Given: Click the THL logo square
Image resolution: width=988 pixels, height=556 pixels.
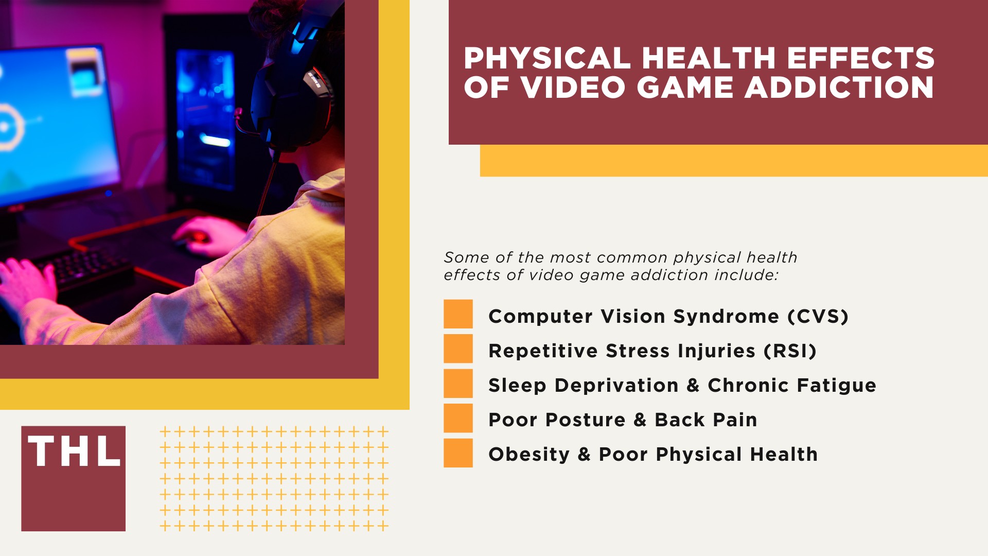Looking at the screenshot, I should coord(73,478).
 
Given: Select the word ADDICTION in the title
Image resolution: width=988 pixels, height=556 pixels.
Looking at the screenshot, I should coord(839,87).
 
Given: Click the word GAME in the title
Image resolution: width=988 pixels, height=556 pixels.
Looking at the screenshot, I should coord(684,87).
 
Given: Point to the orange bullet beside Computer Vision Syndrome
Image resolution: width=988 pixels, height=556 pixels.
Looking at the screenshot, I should coord(458,314).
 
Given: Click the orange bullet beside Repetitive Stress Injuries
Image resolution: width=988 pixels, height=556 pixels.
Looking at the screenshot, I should coord(458,349).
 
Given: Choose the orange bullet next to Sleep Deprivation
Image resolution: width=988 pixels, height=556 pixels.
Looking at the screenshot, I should coord(458,384).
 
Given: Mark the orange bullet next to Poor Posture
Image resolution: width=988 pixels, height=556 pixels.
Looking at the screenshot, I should coord(458,418).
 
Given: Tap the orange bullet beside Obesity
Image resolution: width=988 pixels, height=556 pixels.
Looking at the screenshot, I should coord(458,453).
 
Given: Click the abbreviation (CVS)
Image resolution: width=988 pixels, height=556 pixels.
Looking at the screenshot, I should coord(818,316).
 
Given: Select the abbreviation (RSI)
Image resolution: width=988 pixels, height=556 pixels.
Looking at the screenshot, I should coord(790,351).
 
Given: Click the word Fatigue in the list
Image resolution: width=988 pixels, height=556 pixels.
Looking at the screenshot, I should coord(843,386).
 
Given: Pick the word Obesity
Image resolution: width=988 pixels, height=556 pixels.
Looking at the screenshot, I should coord(529,455).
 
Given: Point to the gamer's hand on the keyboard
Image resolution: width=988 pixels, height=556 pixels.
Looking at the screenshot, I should coord(26,283).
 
